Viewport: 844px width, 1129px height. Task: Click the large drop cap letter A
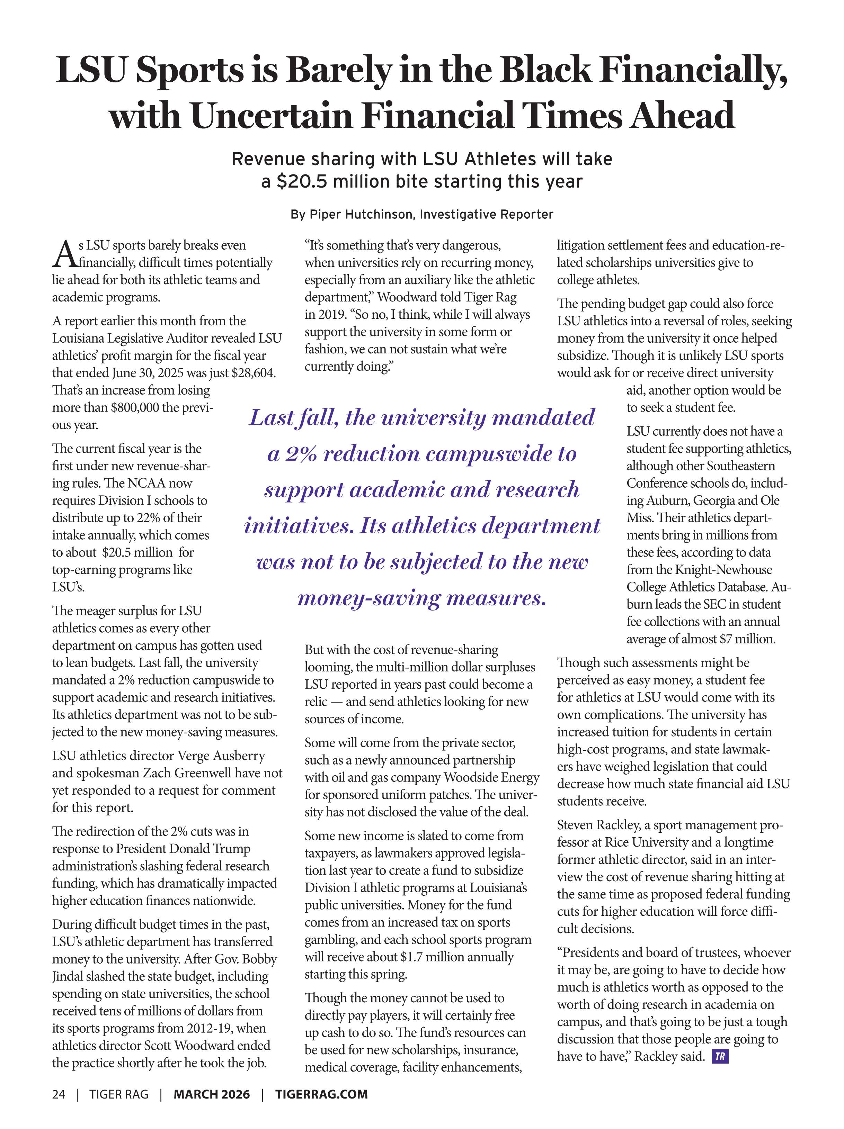(x=64, y=254)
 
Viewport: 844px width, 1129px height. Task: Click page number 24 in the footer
(x=59, y=1094)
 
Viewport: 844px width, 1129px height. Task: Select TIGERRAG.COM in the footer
(x=321, y=1094)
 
